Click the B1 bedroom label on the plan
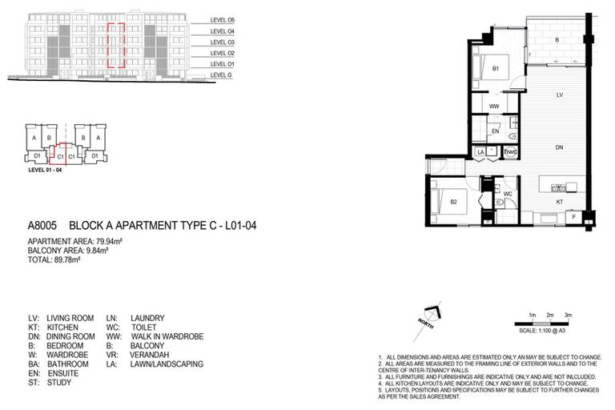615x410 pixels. (x=496, y=69)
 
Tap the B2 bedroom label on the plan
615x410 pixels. (x=453, y=201)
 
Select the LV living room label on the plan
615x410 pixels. (x=560, y=94)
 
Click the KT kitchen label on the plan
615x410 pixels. (x=560, y=202)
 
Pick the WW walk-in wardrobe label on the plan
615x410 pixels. (x=494, y=105)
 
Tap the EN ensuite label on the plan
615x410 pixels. (x=496, y=130)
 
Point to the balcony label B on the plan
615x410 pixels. (x=557, y=39)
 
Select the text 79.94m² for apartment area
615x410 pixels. (x=109, y=240)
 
